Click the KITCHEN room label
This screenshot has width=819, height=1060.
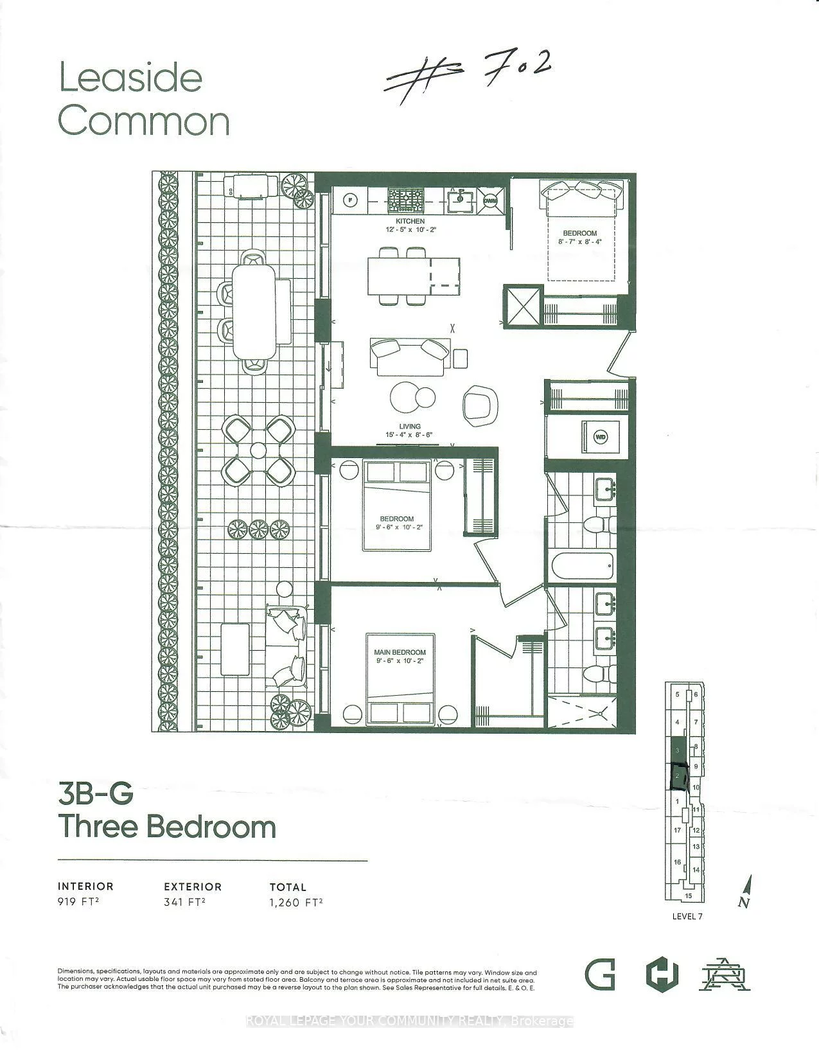click(410, 222)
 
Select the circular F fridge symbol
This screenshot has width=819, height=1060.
click(350, 199)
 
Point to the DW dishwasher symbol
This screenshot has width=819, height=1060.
click(491, 200)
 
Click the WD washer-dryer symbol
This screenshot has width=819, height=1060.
click(601, 437)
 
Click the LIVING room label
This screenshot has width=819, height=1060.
click(409, 427)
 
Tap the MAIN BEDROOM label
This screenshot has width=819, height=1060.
click(400, 653)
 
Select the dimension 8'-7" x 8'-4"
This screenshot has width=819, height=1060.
click(579, 242)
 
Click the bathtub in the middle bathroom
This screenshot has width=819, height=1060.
click(582, 566)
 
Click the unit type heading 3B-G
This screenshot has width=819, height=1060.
click(96, 795)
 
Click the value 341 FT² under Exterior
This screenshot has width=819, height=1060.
click(184, 902)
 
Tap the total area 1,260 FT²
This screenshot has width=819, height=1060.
click(296, 902)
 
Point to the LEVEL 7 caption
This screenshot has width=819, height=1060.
click(687, 916)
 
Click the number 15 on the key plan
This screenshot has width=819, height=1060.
click(688, 896)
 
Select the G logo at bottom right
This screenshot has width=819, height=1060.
click(599, 975)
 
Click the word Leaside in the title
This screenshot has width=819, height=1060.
click(130, 78)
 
